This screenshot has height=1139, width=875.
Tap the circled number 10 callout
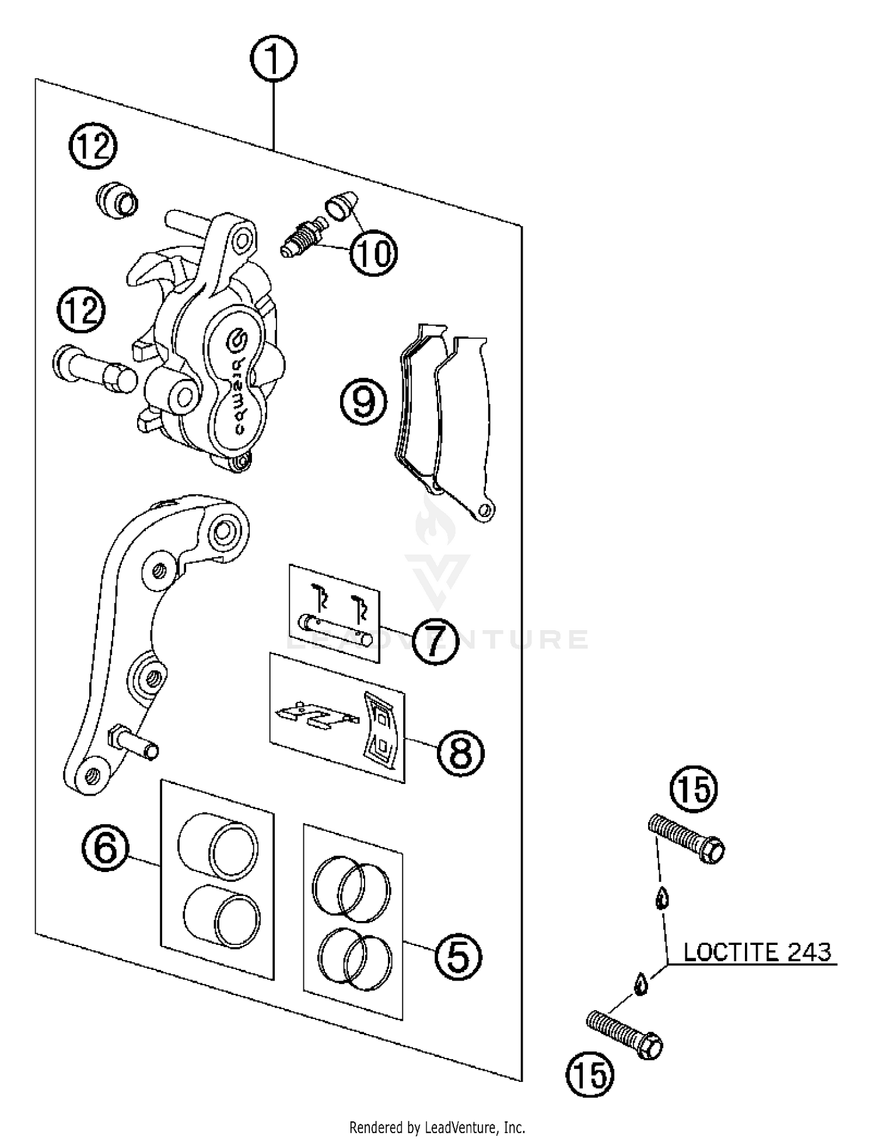tap(373, 253)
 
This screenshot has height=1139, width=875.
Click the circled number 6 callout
tap(105, 848)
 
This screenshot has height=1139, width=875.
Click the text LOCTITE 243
tap(757, 952)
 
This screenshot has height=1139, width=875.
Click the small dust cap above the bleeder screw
tap(341, 205)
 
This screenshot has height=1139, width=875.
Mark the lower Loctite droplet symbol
tap(640, 983)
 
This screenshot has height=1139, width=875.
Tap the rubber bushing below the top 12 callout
tap(117, 199)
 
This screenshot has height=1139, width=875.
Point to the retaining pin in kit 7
tap(334, 630)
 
